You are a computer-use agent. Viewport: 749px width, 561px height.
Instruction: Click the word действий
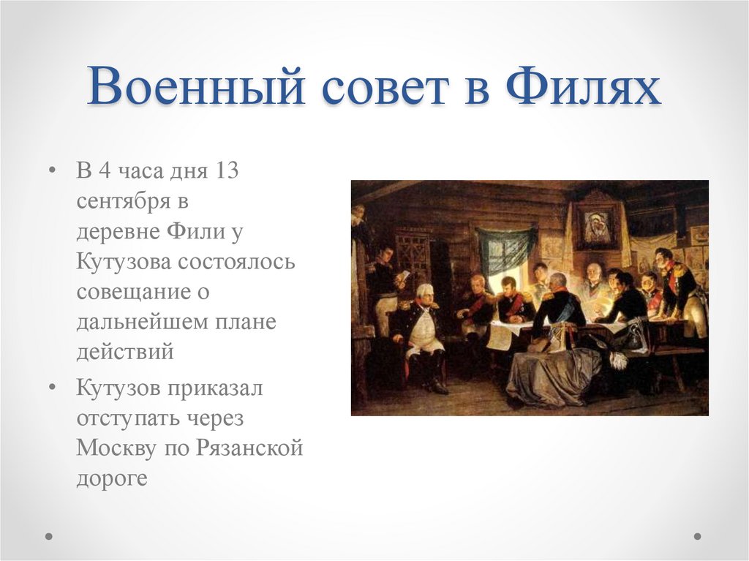click(125, 352)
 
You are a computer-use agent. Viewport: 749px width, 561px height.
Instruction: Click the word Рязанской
click(249, 448)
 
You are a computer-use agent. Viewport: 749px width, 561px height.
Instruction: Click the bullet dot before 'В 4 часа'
click(52, 171)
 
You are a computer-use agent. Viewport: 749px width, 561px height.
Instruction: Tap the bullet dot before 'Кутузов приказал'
click(52, 388)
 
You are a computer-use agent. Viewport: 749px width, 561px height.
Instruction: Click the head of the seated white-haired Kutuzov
click(425, 294)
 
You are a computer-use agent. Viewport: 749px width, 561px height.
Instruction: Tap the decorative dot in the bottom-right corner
click(696, 536)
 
